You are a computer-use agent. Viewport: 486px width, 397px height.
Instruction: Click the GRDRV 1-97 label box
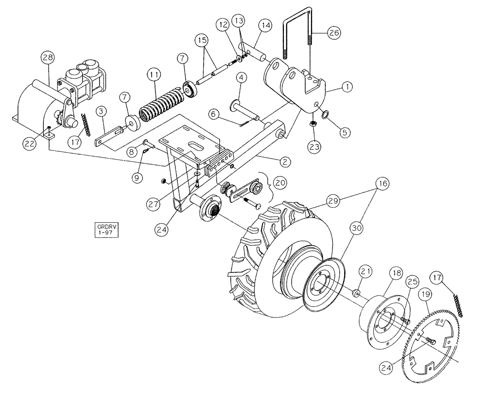pyautogui.click(x=106, y=229)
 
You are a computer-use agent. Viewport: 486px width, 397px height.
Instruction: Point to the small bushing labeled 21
pyautogui.click(x=356, y=292)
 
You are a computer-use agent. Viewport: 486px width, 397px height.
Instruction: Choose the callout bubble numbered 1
pyautogui.click(x=347, y=87)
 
